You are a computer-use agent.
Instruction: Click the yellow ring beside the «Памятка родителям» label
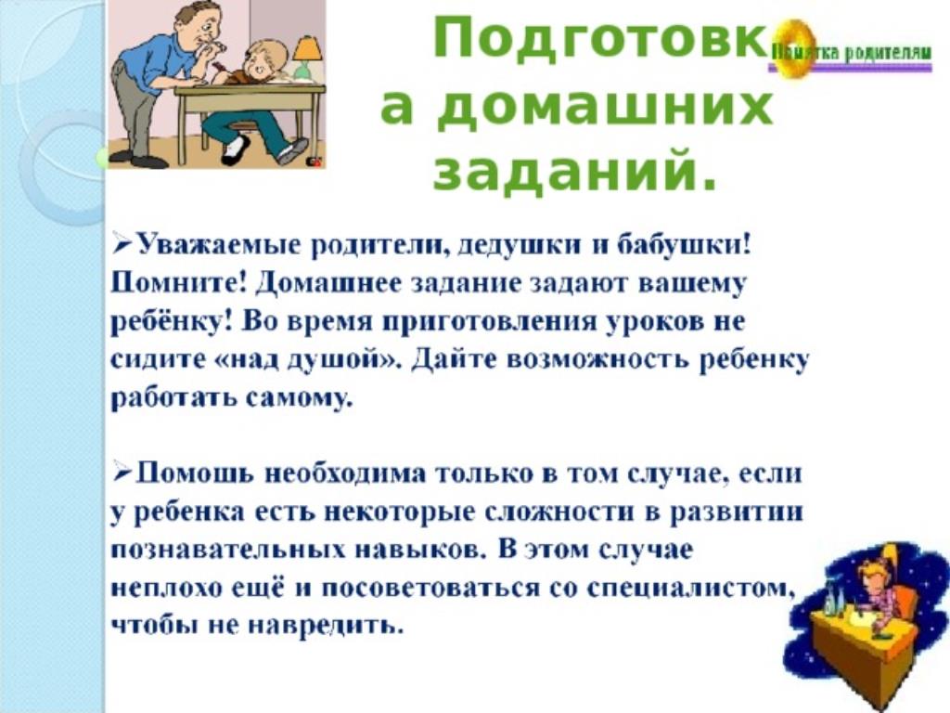(790, 48)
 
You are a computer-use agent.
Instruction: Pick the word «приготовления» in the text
(490, 322)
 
